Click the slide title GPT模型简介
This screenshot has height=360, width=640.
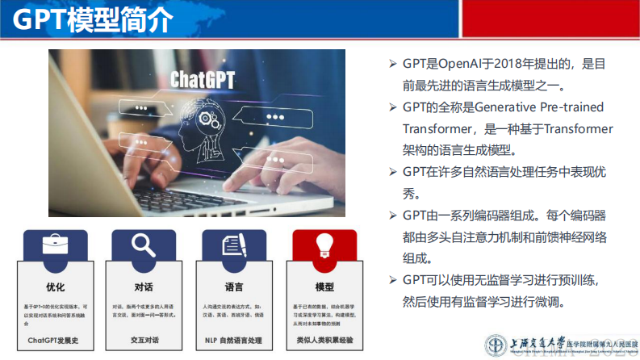[x=93, y=19]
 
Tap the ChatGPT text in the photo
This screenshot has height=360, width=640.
[x=203, y=79]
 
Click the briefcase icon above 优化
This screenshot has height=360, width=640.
[x=56, y=244]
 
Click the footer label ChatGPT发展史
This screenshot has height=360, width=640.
[x=55, y=340]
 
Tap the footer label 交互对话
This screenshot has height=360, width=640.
[x=144, y=340]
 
